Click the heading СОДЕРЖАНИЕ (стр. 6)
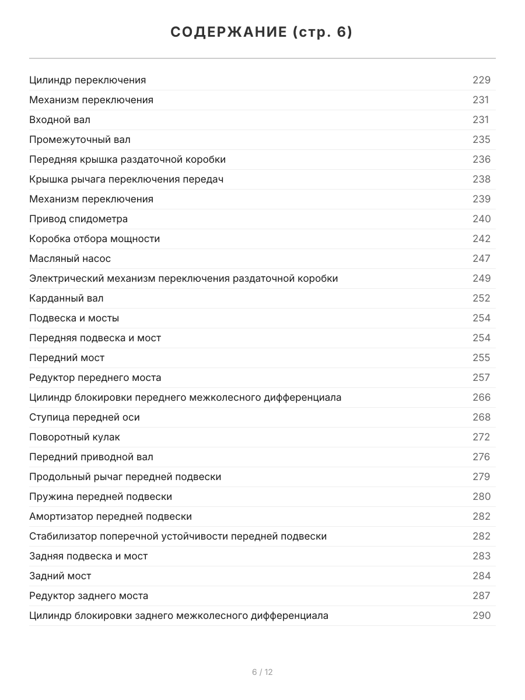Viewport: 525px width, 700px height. [262, 33]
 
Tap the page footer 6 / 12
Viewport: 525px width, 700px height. [262, 672]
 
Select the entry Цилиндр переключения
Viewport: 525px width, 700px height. [87, 80]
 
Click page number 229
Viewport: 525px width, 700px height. [481, 80]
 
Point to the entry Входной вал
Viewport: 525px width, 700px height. [60, 120]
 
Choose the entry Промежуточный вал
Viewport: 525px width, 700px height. [80, 139]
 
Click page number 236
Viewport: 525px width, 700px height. [481, 159]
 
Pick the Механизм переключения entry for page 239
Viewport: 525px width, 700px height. [91, 199]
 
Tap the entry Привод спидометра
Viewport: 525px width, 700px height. [78, 219]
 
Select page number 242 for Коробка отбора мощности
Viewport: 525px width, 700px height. [481, 239]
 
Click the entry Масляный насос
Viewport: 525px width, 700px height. [70, 258]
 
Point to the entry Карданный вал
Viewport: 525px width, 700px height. [66, 298]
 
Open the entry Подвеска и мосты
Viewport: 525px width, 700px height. [74, 318]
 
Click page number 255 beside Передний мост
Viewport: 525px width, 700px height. [481, 358]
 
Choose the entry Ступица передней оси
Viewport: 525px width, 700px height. [85, 417]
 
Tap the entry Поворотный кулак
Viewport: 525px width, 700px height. [75, 437]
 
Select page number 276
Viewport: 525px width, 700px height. [481, 457]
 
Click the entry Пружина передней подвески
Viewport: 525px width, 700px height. [100, 496]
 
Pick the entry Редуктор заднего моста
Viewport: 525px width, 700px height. [89, 596]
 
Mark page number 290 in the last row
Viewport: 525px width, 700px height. [481, 615]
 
